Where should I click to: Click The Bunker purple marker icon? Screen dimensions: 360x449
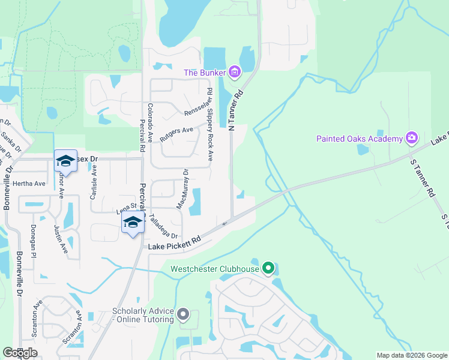234,73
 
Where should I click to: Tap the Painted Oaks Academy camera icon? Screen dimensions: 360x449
411,139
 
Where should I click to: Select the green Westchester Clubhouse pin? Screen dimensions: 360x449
268,268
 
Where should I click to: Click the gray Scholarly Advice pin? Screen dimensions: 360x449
184,314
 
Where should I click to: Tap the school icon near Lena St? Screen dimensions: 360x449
133,223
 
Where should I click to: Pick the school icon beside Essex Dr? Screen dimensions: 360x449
65,161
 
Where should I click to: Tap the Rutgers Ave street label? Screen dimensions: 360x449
176,134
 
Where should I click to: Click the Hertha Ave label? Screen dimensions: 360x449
31,183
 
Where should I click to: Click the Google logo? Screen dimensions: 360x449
20,353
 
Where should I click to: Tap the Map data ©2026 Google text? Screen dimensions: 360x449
412,355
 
